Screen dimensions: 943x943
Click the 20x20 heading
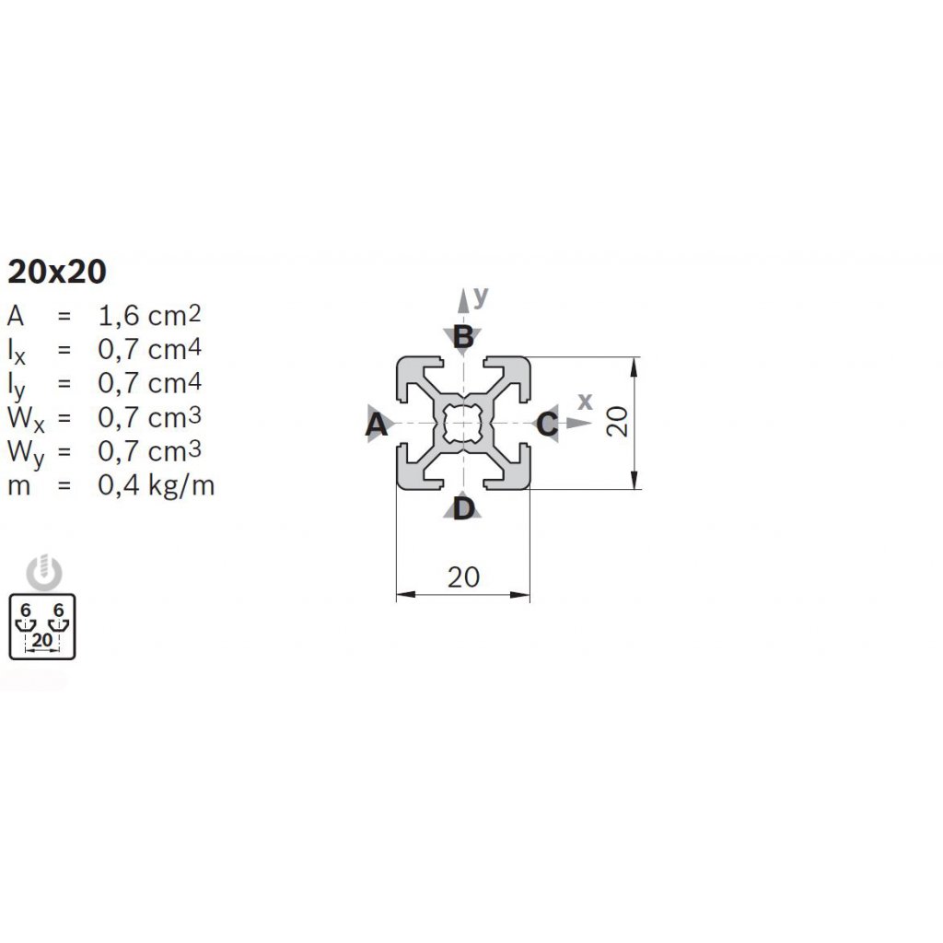57,272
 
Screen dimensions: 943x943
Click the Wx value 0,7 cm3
149,417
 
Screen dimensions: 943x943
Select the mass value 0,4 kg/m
156,484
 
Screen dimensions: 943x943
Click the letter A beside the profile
375,425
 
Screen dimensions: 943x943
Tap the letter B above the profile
463,337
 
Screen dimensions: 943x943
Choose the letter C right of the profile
547,425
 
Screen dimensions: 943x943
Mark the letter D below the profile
463,507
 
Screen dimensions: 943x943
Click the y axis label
481,296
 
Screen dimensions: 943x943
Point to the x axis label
584,401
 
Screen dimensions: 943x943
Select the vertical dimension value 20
618,422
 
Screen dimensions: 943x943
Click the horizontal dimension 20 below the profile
463,577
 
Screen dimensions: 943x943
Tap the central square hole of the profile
463,423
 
